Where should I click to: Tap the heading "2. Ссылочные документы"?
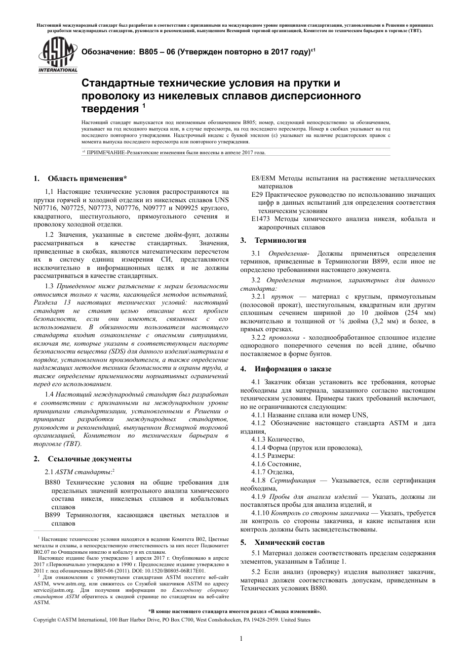click(82, 458)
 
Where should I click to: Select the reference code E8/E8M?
click(264, 178)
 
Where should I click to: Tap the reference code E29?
click(257, 195)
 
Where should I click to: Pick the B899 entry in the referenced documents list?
click(53, 515)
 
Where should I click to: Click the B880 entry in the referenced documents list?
click(53, 483)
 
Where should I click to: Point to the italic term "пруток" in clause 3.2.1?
click(283, 297)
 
